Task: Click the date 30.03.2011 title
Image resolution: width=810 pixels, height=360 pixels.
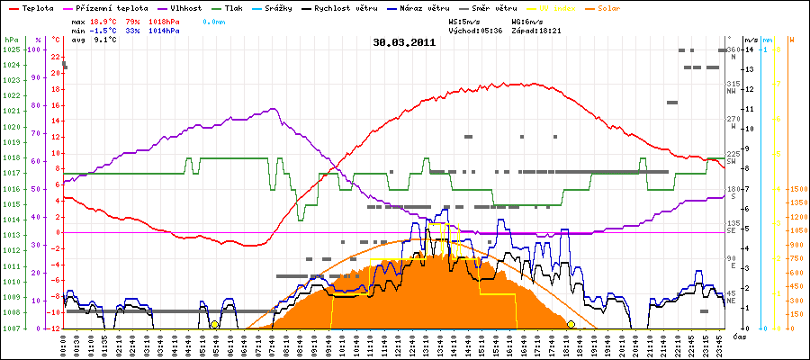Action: [x=404, y=41]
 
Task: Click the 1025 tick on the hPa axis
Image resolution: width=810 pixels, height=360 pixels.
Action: [x=11, y=49]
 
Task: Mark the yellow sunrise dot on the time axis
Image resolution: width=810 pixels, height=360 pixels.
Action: [x=214, y=325]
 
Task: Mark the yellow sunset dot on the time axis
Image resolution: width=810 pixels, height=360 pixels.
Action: [x=571, y=325]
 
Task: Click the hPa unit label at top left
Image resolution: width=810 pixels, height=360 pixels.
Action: [x=11, y=40]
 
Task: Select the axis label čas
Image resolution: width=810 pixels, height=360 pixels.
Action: [x=738, y=336]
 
